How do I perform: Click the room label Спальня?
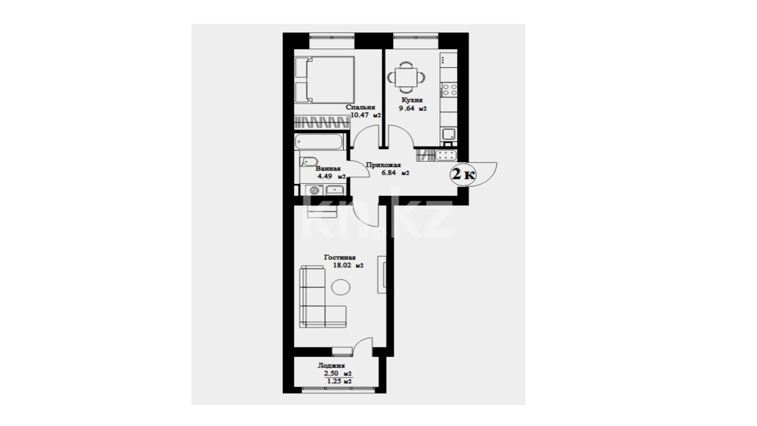click(360, 107)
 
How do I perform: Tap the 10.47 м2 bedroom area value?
click(366, 115)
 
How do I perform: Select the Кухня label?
click(412, 100)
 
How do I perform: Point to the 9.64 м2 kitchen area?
click(412, 108)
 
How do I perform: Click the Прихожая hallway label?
click(384, 165)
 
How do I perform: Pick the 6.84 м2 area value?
click(396, 173)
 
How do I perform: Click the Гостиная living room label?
click(340, 257)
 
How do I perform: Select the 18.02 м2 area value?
click(348, 266)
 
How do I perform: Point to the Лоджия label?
click(331, 365)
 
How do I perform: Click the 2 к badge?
click(463, 175)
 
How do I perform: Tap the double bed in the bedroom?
click(325, 80)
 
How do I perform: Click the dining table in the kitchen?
click(406, 78)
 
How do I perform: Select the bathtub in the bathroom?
click(319, 142)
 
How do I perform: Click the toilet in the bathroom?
click(308, 161)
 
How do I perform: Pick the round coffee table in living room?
click(341, 287)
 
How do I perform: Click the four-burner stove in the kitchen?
click(449, 89)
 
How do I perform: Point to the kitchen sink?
click(449, 134)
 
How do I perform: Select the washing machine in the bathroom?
click(314, 190)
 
